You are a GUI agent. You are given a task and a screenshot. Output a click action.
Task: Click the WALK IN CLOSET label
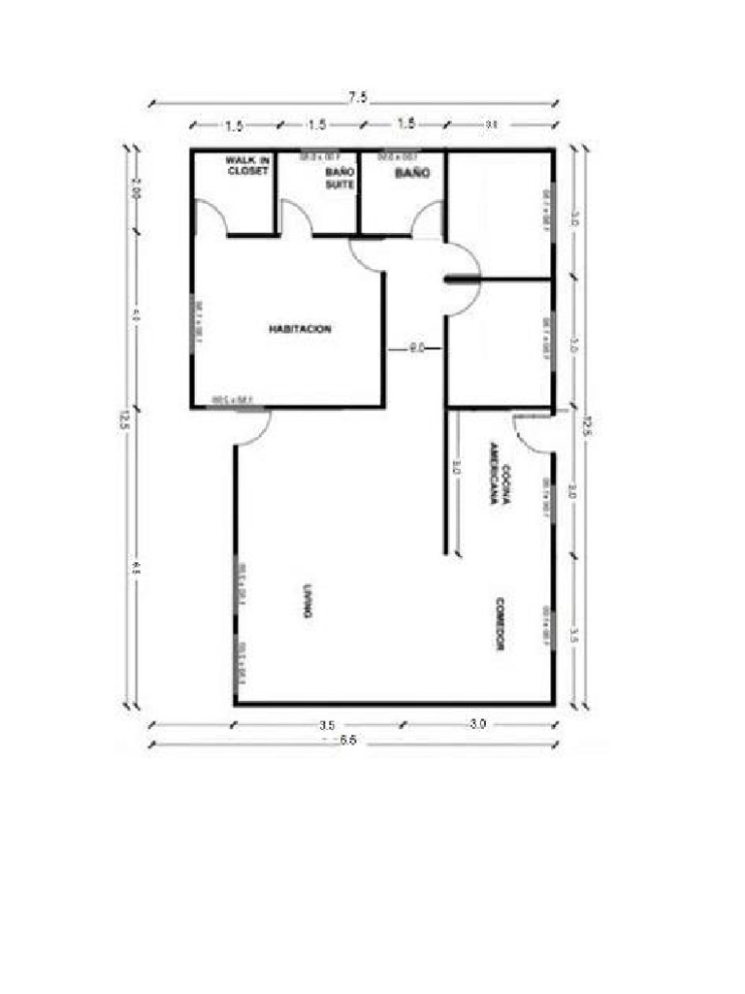click(x=247, y=165)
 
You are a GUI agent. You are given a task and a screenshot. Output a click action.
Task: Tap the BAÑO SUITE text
click(x=340, y=178)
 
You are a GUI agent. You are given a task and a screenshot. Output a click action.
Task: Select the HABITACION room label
click(x=300, y=329)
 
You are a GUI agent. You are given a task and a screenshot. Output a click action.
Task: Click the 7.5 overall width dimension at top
click(x=357, y=97)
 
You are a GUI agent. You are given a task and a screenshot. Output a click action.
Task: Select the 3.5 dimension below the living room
click(x=326, y=724)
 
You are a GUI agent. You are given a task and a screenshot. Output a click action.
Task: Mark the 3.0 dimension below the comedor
click(x=477, y=724)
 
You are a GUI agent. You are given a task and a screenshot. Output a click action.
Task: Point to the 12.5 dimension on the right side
click(x=586, y=423)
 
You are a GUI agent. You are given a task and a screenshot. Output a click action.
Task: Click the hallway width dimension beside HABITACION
click(x=416, y=347)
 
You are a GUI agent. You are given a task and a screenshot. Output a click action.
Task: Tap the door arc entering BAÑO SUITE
click(x=297, y=217)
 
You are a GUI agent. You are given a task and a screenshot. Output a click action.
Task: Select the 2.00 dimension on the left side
click(x=137, y=191)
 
